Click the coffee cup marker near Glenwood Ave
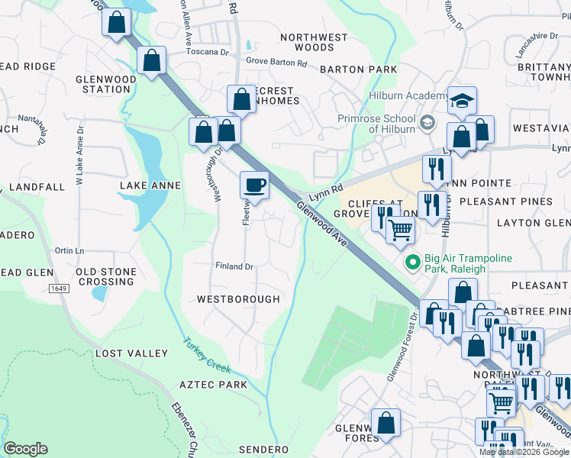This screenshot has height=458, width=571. pyautogui.click(x=254, y=185)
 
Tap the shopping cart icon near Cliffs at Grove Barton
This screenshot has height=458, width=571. pyautogui.click(x=400, y=229)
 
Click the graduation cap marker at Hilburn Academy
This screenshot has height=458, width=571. pyautogui.click(x=461, y=101)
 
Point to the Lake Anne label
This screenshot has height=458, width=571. pyautogui.click(x=150, y=185)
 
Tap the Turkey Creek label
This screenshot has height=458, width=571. pyautogui.click(x=207, y=355)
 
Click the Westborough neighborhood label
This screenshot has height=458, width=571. pyautogui.click(x=238, y=299)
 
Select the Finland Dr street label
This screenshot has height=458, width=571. pyautogui.click(x=234, y=266)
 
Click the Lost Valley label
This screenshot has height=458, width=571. pyautogui.click(x=131, y=353)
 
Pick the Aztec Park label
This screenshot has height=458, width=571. pyautogui.click(x=213, y=385)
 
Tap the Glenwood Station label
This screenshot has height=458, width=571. pyautogui.click(x=103, y=84)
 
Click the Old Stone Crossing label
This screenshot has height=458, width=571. pyautogui.click(x=106, y=276)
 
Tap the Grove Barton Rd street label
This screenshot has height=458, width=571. pyautogui.click(x=276, y=62)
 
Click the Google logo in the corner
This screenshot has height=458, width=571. pyautogui.click(x=25, y=449)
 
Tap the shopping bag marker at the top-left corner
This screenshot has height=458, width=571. pyautogui.click(x=116, y=22)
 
